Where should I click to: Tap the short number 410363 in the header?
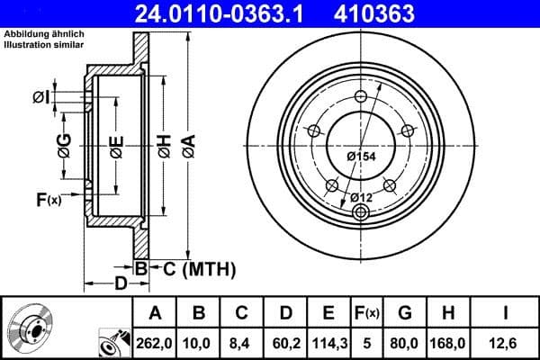[400, 13]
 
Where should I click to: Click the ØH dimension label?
[164, 143]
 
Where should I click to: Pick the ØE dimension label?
[117, 144]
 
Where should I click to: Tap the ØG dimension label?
[64, 144]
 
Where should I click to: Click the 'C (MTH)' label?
[193, 267]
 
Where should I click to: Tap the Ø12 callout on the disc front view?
[360, 197]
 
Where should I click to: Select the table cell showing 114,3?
[328, 341]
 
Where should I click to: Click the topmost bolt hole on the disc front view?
[360, 98]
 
